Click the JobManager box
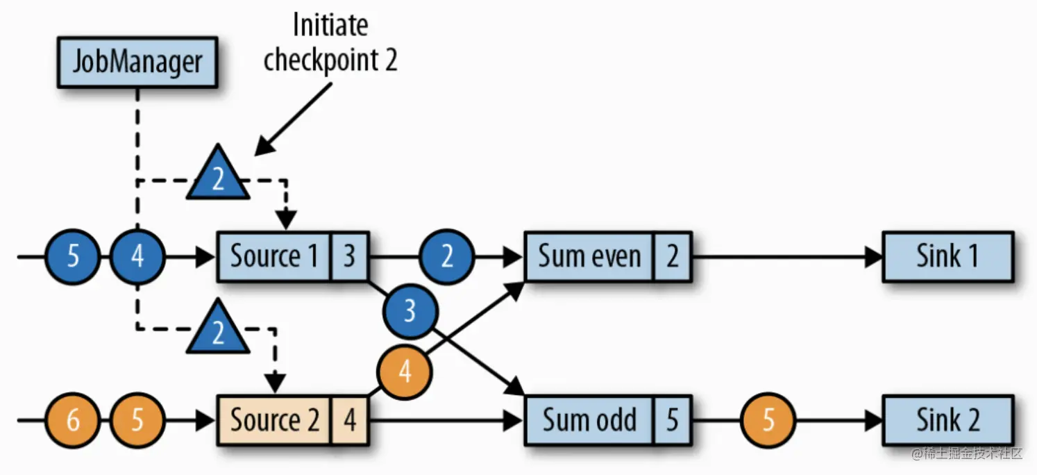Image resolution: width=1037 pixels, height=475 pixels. tap(137, 62)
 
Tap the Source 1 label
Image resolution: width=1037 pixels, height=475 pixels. tap(274, 256)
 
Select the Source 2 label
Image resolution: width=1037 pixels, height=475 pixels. tap(275, 420)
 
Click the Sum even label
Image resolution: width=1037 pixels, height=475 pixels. tap(589, 256)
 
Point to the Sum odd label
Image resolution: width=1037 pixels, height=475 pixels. tap(589, 420)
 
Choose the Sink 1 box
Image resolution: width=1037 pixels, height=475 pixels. tap(947, 256)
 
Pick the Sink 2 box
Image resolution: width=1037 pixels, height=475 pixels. tap(947, 420)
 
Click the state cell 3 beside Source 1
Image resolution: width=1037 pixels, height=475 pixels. tap(350, 256)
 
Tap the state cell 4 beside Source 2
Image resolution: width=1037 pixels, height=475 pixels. tap(350, 420)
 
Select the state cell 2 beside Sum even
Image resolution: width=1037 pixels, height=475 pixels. tap(672, 256)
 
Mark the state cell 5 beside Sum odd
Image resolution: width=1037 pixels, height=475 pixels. tap(672, 420)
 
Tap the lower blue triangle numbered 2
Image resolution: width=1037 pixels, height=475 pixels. tap(218, 326)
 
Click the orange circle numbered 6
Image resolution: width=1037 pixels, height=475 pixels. tap(73, 420)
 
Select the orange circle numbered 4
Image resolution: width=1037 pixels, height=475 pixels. tap(405, 372)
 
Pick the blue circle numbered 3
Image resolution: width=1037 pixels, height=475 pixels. tap(410, 311)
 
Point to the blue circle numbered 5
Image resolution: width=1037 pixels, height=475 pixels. tap(73, 256)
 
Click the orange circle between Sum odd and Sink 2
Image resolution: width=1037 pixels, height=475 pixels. tap(768, 420)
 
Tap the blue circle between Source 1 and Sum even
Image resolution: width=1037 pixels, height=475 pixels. tap(447, 256)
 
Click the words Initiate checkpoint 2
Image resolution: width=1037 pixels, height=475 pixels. tap(330, 43)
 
